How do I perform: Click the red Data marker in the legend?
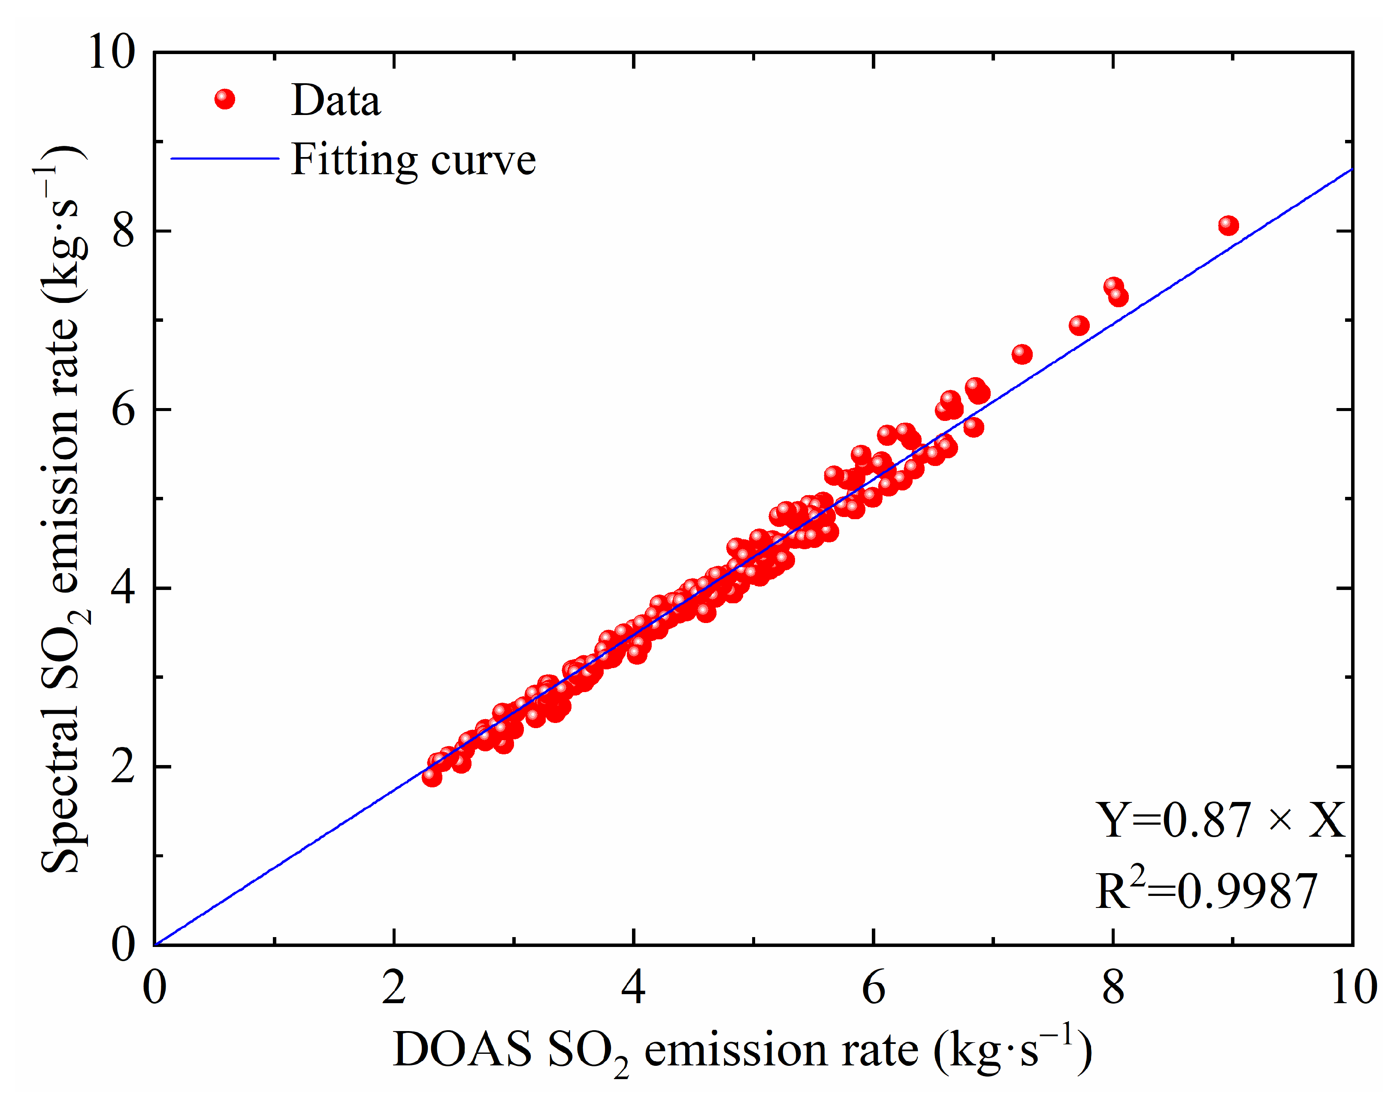(224, 99)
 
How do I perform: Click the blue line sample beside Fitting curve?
(224, 158)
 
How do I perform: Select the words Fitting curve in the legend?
(413, 160)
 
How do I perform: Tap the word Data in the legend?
(336, 100)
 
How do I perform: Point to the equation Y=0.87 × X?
(1219, 821)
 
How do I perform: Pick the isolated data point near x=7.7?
(1079, 325)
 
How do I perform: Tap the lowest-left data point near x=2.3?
(432, 777)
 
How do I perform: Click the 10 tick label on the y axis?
(112, 51)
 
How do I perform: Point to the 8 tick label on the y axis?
(124, 230)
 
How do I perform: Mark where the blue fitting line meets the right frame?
(1352, 170)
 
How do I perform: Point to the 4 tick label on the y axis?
(124, 587)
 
